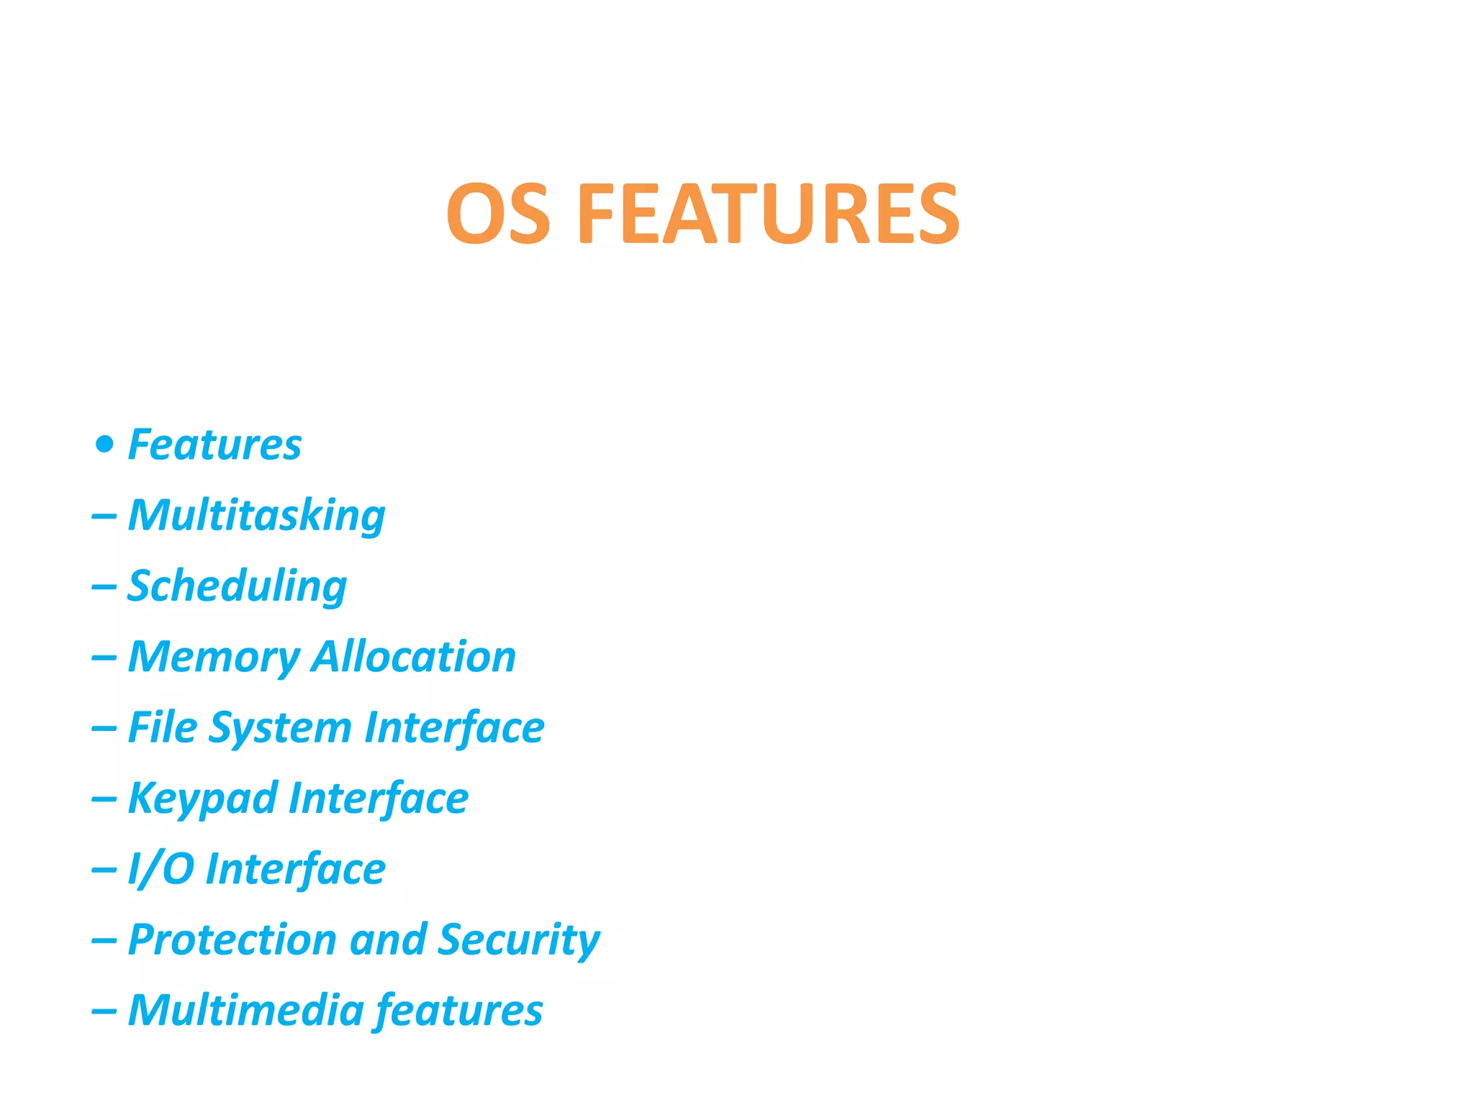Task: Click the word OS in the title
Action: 498,214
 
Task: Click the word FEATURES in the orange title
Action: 769,214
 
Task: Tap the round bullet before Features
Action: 105,444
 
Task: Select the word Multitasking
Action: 256,516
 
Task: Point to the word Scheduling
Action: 237,586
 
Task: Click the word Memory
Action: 213,658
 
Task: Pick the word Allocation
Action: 414,656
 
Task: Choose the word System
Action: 280,728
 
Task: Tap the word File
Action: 162,727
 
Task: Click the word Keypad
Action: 202,799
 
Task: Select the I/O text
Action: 160,868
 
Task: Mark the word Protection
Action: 232,940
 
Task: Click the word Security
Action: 519,940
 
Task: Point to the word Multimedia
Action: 245,1010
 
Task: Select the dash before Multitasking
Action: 104,517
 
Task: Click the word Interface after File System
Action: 454,727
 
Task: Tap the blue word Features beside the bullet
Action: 214,444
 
